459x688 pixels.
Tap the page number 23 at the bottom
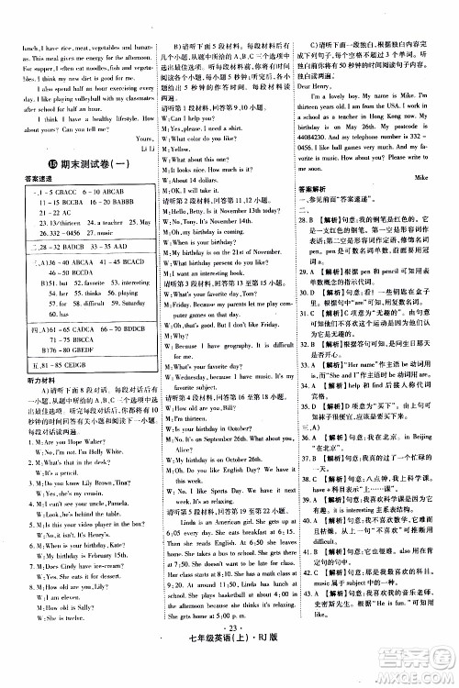tap(229, 660)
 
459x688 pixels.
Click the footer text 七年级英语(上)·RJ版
tap(229, 674)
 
